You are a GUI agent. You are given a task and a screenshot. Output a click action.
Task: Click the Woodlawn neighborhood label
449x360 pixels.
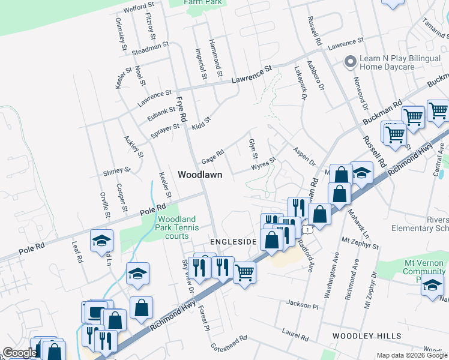(200, 175)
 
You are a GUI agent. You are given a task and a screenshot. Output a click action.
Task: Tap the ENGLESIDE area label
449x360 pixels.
(233, 241)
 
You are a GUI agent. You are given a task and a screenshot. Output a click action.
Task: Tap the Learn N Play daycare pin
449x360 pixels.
(350, 62)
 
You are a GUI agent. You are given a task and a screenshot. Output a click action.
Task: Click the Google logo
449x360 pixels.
(19, 353)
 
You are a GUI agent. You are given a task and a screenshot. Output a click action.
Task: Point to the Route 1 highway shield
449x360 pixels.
(307, 229)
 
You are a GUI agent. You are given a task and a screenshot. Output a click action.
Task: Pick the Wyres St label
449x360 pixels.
(263, 164)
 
